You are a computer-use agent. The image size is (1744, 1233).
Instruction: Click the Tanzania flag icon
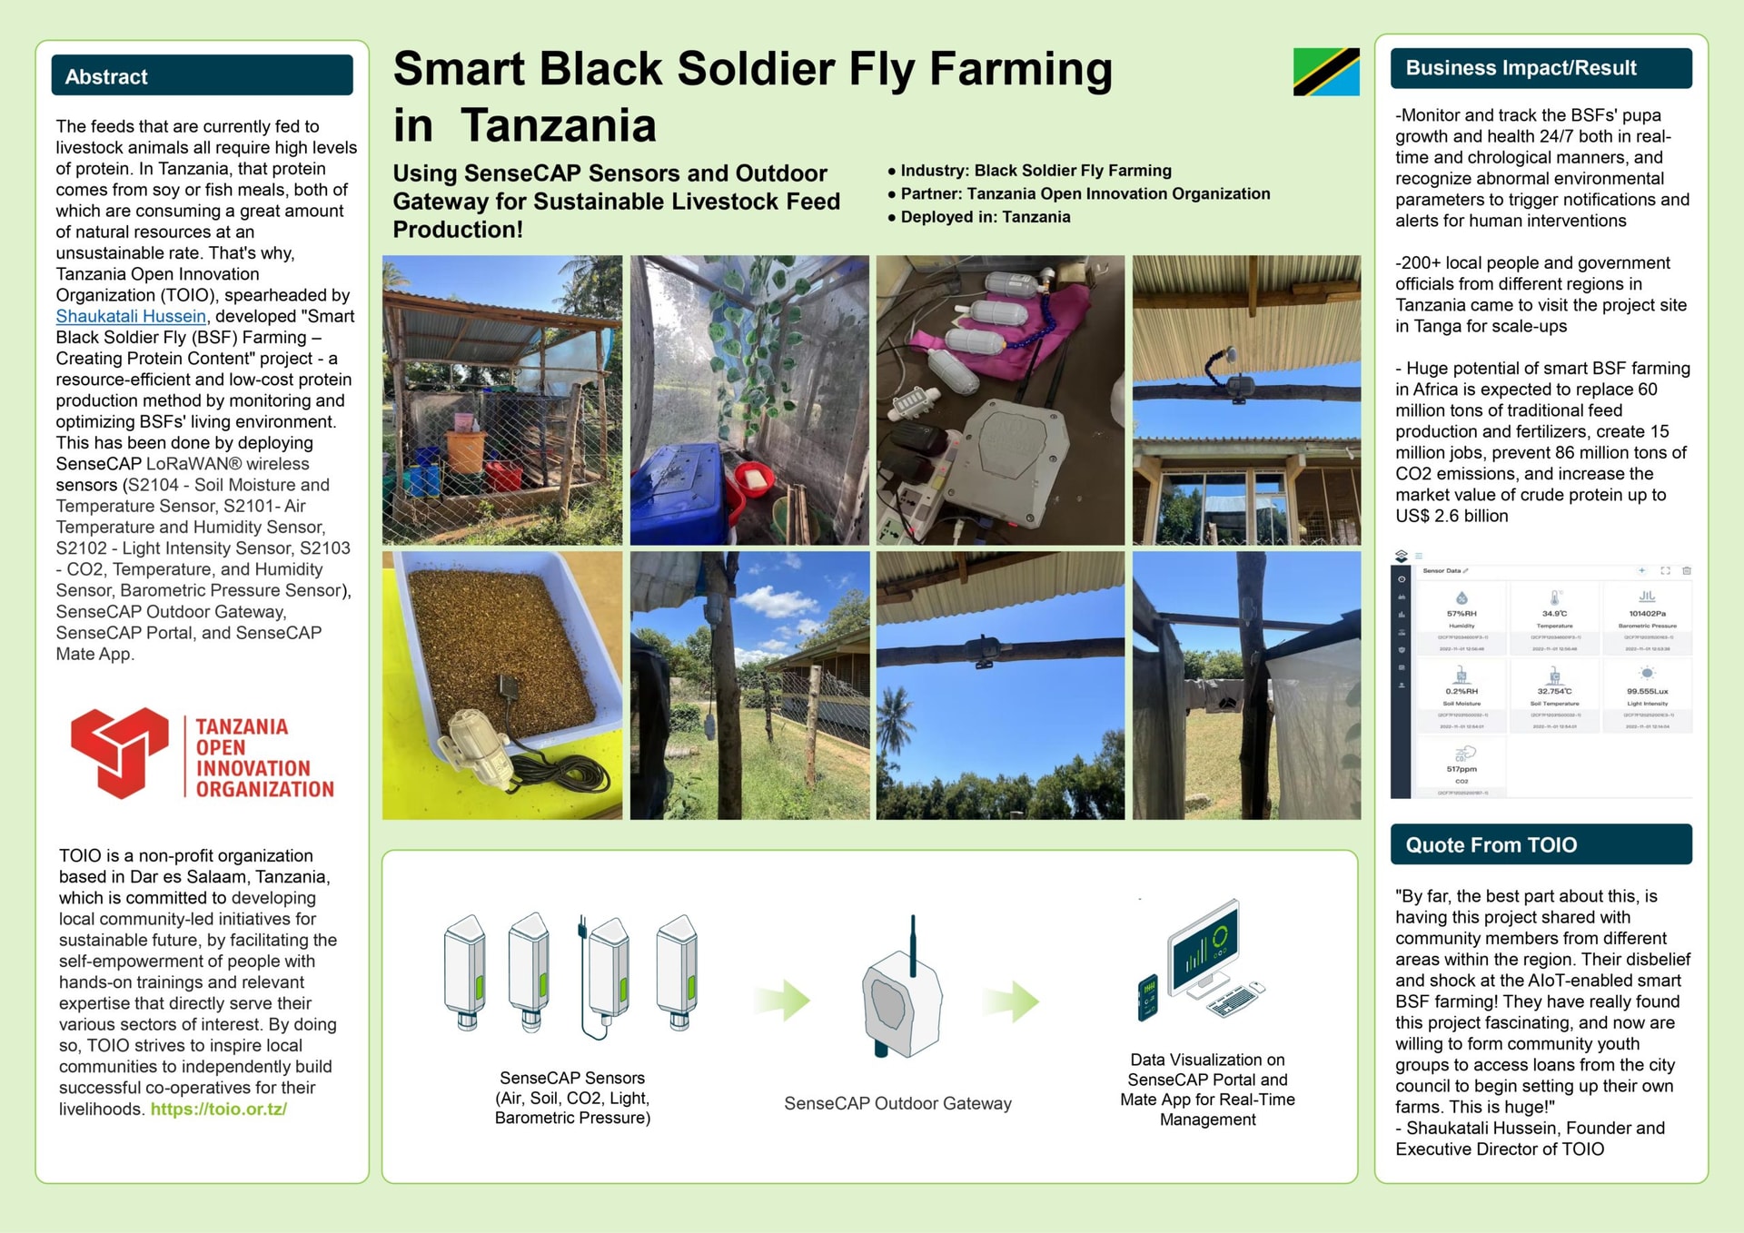1325,72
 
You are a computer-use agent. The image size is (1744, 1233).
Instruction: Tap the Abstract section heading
106,77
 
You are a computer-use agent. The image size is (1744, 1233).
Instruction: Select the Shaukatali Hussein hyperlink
131,316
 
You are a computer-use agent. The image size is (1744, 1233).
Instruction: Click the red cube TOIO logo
120,753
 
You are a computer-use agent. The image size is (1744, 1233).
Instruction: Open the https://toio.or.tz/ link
219,1109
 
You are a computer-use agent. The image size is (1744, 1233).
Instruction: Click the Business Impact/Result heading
1521,68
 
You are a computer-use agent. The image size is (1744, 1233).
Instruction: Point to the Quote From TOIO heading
1491,845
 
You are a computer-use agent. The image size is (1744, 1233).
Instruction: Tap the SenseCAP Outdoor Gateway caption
897,1103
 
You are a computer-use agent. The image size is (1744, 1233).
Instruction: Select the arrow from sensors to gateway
782,1001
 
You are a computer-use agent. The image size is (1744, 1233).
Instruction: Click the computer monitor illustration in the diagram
1204,949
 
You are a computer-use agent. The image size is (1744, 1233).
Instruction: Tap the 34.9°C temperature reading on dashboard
1554,614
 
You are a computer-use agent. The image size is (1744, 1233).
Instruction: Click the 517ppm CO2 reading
1462,769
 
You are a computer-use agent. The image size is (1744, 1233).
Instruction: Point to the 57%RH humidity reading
1462,614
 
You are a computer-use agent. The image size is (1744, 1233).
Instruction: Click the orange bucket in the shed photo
466,451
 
